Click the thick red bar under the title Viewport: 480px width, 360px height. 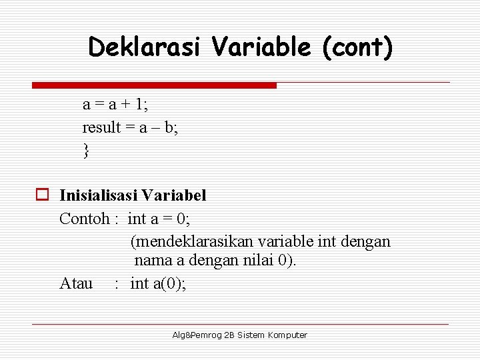(154, 85)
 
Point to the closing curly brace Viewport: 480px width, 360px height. (86, 151)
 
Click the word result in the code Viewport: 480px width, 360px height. (101, 127)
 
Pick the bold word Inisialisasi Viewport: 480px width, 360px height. (99, 195)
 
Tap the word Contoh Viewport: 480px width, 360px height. (84, 218)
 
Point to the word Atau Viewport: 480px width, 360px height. (76, 283)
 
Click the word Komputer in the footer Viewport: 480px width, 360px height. (287, 335)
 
